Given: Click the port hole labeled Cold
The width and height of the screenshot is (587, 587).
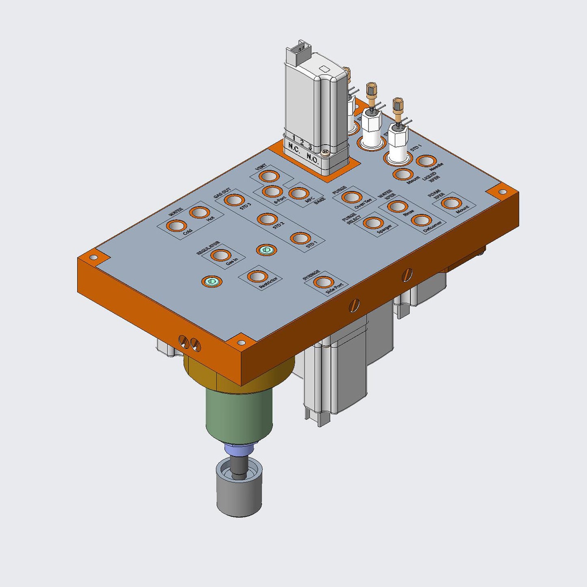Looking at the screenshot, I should pos(177,226).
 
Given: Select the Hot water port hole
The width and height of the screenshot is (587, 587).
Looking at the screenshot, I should pos(200,212).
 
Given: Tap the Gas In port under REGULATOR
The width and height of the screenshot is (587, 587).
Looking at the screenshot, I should pos(221,256).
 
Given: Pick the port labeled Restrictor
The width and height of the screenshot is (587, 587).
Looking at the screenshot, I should pos(257,276).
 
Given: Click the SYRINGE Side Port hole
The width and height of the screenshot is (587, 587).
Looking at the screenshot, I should pos(324,282).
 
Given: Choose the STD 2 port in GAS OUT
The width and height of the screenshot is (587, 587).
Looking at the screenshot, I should pos(267,219).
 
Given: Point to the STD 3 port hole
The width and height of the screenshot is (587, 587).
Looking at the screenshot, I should pos(234,200).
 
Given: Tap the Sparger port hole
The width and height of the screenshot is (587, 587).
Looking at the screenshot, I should pos(373,223).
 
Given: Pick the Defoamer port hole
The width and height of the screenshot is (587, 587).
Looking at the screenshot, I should pos(421,221).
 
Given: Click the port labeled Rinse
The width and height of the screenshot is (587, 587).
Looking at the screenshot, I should pos(397,206).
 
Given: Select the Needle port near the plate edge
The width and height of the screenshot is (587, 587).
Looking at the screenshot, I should pos(426,161).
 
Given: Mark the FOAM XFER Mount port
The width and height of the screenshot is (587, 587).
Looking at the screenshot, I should pos(451,203).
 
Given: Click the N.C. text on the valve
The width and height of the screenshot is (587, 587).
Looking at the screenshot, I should pos(293,147).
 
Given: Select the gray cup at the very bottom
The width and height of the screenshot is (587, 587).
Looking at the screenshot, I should pos(239,496).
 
